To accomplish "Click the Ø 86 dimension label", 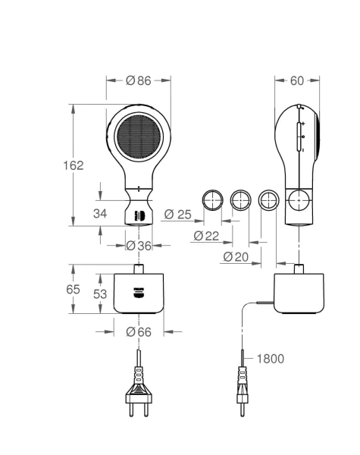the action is (139, 80).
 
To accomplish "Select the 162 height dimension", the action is (74, 165).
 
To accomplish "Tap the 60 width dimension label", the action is (297, 80).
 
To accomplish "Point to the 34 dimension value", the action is (100, 213).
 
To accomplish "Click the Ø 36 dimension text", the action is (139, 246).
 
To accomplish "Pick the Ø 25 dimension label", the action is (178, 215).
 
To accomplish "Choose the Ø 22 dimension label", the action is (206, 236).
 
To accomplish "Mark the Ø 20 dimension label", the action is (236, 257).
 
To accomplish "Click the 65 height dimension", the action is (73, 289).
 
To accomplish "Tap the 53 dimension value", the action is (100, 294).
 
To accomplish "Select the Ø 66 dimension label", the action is (139, 331).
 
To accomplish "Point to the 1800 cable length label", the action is (271, 359).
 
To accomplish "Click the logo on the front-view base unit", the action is (139, 293).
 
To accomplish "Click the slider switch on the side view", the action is (299, 136).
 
